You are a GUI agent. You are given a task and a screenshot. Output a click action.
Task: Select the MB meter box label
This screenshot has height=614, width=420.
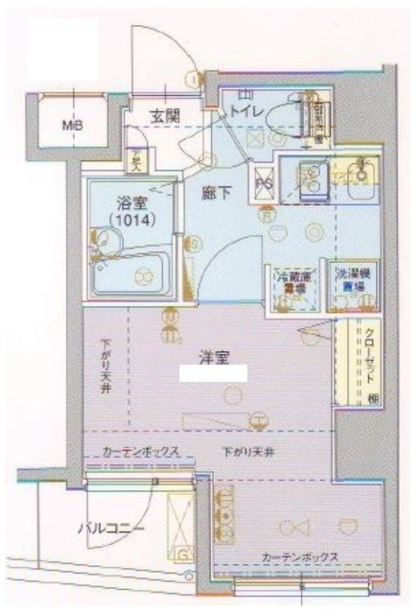[x=73, y=125]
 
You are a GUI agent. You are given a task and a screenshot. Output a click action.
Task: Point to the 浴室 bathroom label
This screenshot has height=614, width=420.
[x=129, y=202]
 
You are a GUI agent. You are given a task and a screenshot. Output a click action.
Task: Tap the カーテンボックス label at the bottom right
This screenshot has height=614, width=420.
[x=296, y=556]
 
